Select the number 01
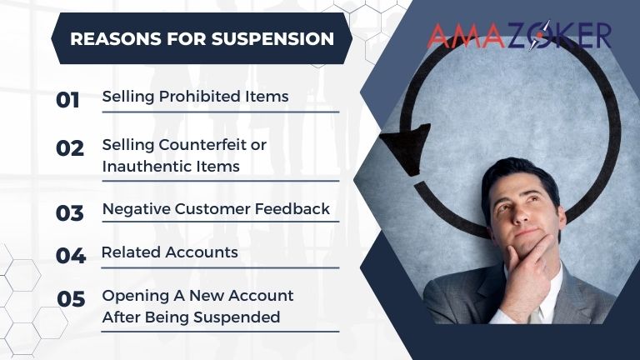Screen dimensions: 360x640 (68, 100)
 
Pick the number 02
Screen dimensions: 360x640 (70, 148)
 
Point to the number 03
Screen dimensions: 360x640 (70, 213)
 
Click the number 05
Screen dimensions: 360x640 (71, 298)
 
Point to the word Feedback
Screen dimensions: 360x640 (294, 209)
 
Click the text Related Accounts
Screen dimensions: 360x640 (169, 252)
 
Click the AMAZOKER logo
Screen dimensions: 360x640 (518, 35)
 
